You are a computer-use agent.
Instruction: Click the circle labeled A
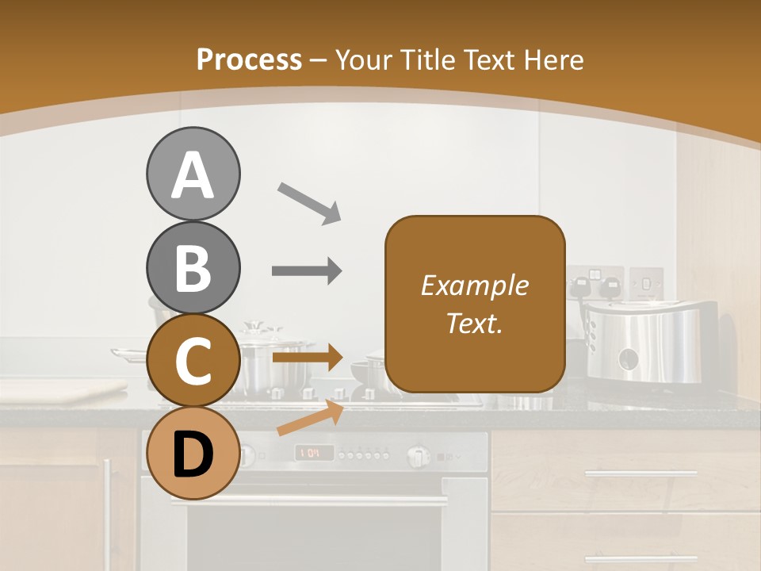[193, 174]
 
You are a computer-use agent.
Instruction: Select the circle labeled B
[193, 268]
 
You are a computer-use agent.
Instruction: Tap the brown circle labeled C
[193, 361]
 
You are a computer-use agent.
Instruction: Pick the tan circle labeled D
[193, 454]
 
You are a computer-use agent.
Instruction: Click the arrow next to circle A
[309, 202]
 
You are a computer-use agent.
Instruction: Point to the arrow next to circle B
[307, 271]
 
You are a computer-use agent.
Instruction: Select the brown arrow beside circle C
[307, 358]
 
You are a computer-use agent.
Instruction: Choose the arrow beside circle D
[310, 419]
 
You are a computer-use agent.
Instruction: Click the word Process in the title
[249, 60]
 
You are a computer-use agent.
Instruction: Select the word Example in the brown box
[474, 285]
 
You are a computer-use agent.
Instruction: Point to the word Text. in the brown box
[474, 323]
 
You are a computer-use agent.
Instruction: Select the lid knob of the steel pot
[254, 325]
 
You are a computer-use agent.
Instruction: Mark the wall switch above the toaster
[645, 282]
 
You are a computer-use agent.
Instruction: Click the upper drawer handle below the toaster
[641, 473]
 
